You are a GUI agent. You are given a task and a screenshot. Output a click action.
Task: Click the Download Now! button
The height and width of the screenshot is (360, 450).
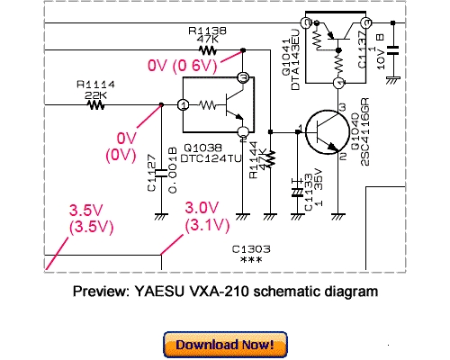tap(225, 345)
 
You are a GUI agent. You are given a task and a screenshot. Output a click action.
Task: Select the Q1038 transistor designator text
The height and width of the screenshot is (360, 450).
tap(202, 148)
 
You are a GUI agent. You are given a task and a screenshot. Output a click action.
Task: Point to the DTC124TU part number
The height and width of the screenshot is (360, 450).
tap(208, 158)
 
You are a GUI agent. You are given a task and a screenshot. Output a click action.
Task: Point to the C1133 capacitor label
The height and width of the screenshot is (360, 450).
tap(309, 192)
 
